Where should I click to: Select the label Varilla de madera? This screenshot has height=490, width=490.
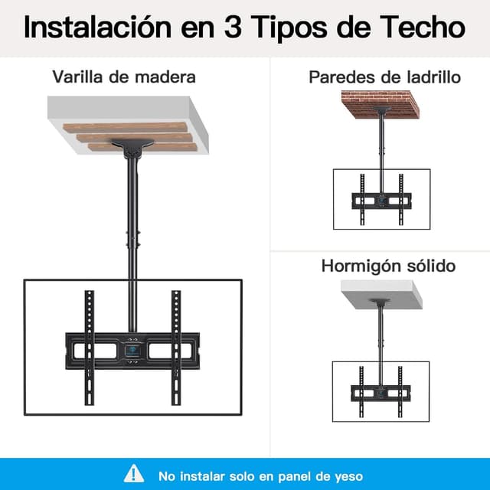[124, 77]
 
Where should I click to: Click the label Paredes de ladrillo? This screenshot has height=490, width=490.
[384, 77]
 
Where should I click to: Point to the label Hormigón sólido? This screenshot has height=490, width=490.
[388, 266]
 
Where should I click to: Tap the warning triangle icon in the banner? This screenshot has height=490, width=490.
[135, 474]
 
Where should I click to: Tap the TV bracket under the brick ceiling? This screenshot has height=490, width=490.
[381, 201]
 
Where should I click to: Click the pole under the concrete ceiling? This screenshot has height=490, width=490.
[381, 337]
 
